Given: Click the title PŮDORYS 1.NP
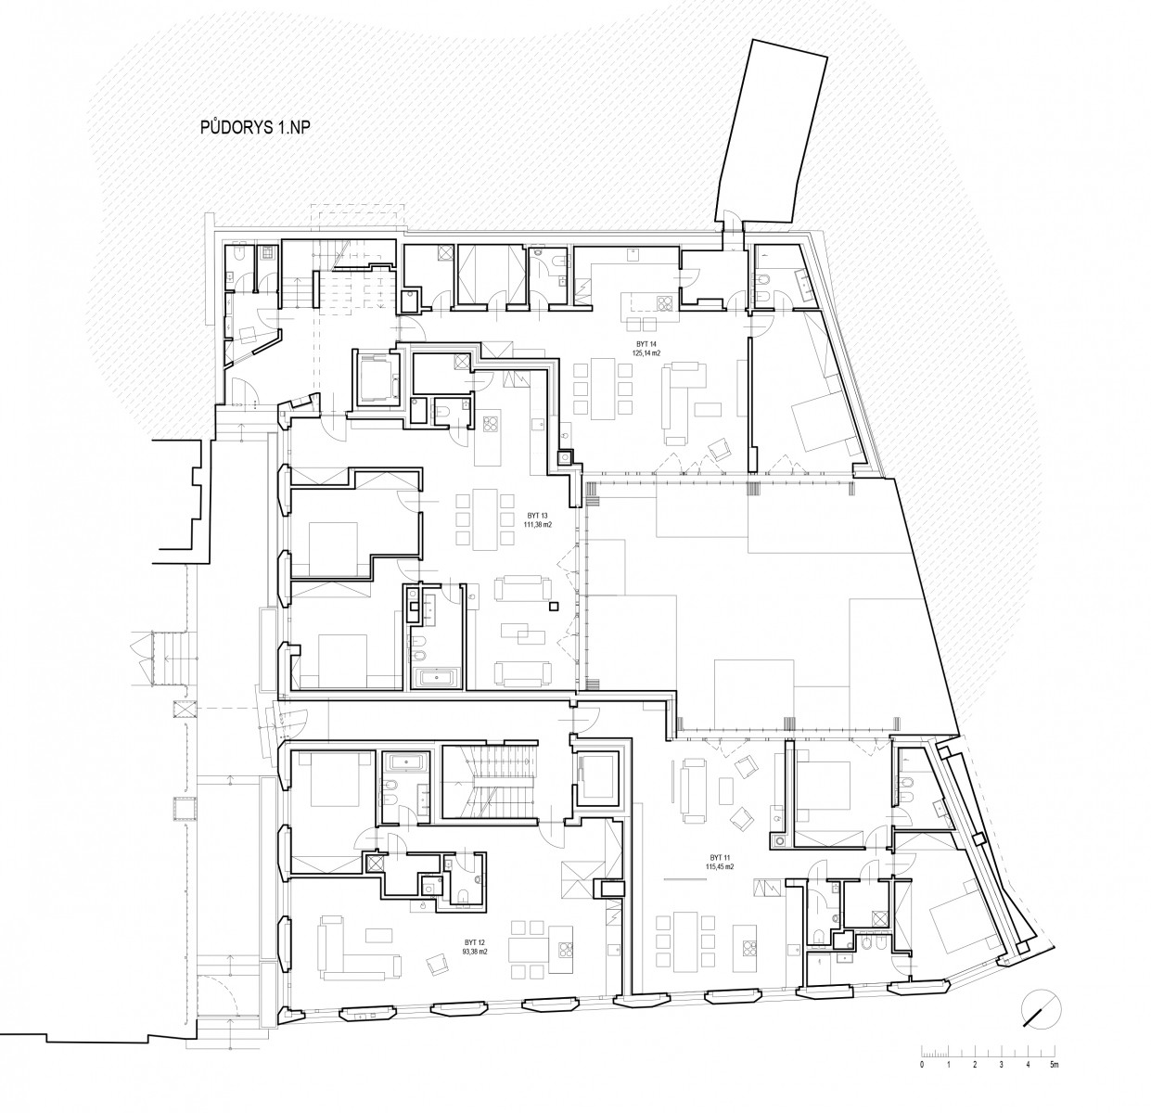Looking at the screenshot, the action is click(255, 130).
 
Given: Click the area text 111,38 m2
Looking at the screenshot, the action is click(538, 524).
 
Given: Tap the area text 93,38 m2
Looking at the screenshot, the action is click(476, 952).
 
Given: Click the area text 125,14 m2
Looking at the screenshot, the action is click(644, 353).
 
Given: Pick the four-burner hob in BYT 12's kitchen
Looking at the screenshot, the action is click(565, 954).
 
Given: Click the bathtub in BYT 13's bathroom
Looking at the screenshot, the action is click(437, 677).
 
